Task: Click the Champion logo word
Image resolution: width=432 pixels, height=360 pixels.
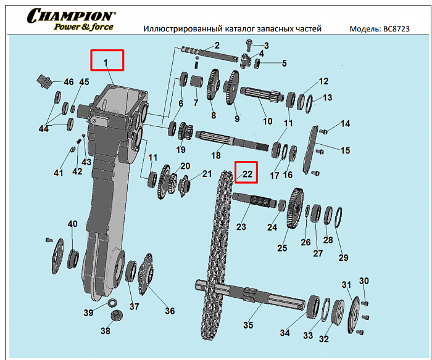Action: (71, 15)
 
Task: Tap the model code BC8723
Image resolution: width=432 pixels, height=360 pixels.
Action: (396, 29)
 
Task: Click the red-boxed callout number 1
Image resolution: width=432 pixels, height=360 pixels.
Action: (106, 63)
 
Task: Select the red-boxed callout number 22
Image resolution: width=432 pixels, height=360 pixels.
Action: (247, 174)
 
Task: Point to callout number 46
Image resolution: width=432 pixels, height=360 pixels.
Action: (69, 82)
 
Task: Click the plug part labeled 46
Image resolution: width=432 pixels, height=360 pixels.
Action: (44, 80)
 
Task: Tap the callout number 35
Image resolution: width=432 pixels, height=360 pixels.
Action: (248, 325)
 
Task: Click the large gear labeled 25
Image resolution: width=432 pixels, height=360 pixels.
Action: (295, 208)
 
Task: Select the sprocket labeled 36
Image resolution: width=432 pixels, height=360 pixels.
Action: (146, 274)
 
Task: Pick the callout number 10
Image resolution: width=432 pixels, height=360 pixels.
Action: (267, 121)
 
